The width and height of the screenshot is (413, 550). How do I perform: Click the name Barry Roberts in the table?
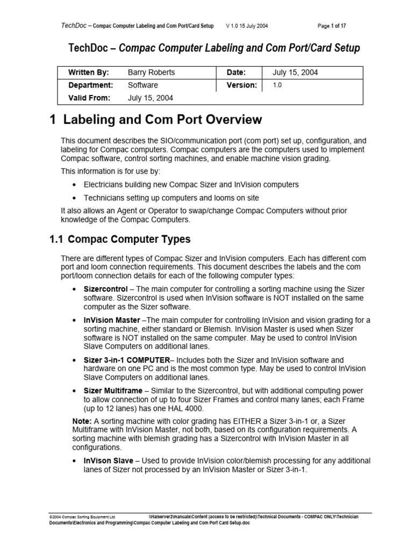[151, 73]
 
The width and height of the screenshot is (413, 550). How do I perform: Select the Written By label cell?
[88, 73]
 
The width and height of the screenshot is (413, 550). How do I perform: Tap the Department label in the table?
[90, 85]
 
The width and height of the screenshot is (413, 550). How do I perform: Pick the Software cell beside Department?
[143, 85]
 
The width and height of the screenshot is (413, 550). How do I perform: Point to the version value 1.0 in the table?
[277, 85]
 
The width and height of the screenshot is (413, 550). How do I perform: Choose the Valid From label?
[89, 98]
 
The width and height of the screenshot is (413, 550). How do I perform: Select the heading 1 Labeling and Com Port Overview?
[155, 120]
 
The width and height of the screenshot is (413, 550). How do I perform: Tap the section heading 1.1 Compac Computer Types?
[119, 239]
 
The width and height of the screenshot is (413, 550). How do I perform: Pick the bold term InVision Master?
[109, 320]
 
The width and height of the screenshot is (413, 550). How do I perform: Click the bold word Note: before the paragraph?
[82, 421]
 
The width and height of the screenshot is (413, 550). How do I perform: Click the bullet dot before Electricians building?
[74, 185]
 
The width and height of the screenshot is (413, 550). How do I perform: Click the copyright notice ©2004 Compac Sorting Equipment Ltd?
[82, 516]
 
